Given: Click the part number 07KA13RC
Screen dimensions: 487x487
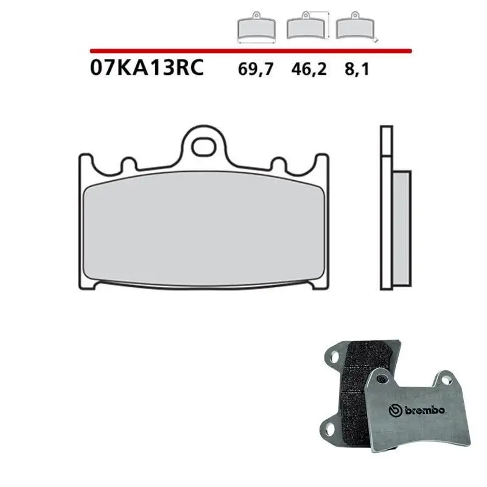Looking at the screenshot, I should (x=145, y=66).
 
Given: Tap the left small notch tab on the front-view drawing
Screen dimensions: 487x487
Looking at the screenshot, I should (x=129, y=165).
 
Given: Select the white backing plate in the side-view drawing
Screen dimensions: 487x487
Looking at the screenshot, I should (x=385, y=207).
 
